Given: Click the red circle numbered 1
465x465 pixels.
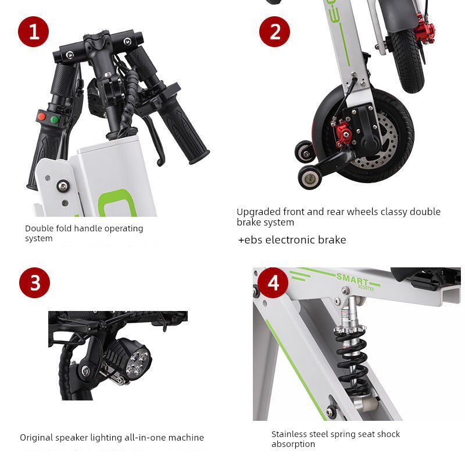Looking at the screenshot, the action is click(34, 31).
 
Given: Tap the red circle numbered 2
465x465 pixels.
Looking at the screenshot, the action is click(274, 31).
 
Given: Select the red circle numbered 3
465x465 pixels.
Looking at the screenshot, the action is click(35, 282).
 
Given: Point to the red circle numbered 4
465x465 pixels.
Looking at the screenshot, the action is click(273, 282).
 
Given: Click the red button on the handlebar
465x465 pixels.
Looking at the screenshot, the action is click(42, 116).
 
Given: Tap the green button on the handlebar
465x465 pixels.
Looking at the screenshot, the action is click(54, 120).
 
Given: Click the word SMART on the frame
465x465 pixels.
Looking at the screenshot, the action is click(352, 280).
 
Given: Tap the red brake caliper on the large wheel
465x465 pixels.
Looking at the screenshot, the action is click(342, 132).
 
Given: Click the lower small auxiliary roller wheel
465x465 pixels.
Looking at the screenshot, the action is click(310, 177).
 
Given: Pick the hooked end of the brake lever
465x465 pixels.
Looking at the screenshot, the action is click(160, 162).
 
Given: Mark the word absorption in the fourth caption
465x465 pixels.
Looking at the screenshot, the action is click(293, 444).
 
